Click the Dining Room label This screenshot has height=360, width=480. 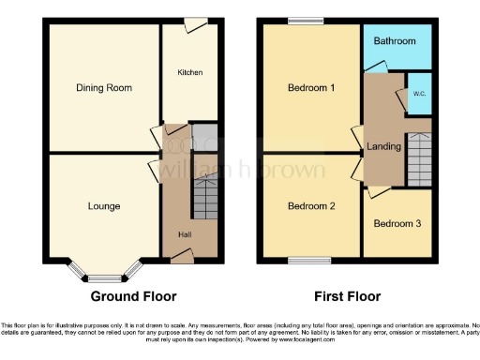[x=103, y=88]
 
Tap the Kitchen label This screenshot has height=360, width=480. [x=190, y=72]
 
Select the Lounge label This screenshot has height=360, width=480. [x=103, y=206]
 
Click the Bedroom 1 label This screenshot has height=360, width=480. [x=311, y=88]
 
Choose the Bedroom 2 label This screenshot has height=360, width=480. [x=311, y=206]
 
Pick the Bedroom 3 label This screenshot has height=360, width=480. [x=397, y=224]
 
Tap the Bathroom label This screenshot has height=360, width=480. [x=396, y=42]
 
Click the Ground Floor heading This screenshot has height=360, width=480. [x=133, y=296]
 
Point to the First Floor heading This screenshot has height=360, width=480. [x=347, y=296]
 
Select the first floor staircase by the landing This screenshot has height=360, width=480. [x=419, y=159]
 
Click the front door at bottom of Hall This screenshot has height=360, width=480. [x=186, y=255]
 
